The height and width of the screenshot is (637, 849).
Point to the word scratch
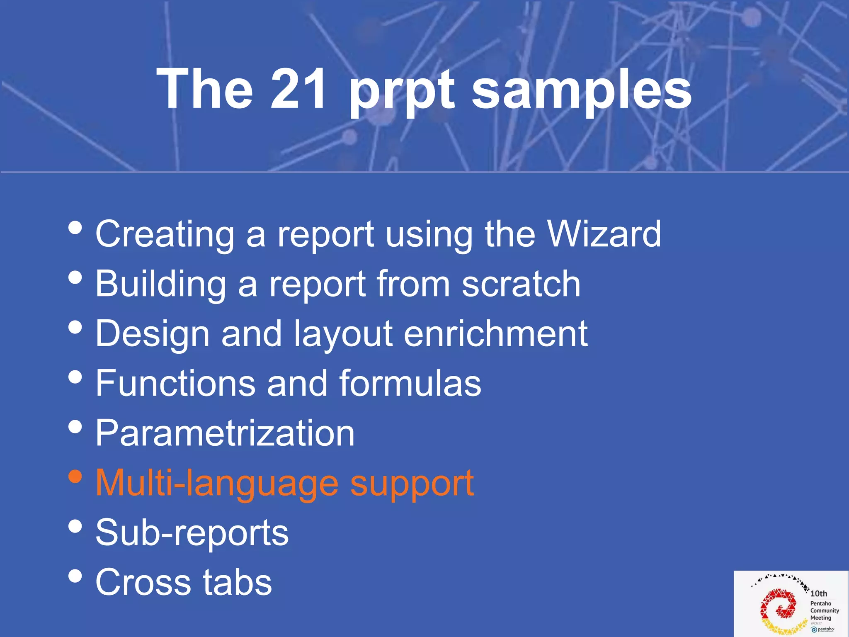521,284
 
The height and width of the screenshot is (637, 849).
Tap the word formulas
410,383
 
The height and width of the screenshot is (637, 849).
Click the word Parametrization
225,433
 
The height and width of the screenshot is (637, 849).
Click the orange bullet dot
75,477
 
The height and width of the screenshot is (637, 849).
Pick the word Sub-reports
192,533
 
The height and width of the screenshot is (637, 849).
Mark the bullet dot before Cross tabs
75,576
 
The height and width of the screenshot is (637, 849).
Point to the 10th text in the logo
819,593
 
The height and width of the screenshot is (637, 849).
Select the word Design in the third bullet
153,335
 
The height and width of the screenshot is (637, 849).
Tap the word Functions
175,383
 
